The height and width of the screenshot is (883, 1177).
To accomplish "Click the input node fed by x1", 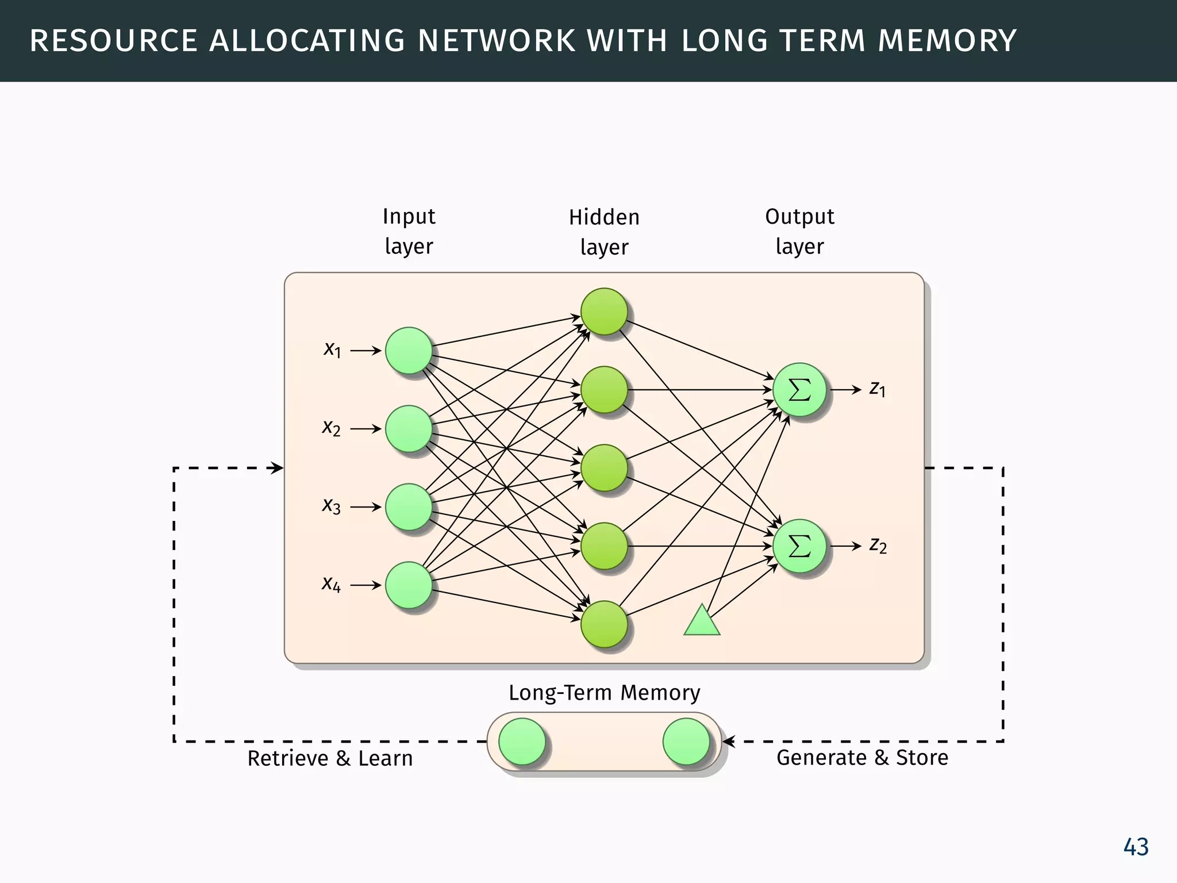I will coord(409,351).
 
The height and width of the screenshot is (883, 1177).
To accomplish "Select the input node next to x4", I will coord(409,585).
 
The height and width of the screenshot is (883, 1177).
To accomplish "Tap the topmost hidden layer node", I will coord(604,312).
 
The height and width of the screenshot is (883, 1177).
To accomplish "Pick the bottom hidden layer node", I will coord(604,624).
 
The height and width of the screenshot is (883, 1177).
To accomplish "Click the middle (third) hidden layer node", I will coord(604,468).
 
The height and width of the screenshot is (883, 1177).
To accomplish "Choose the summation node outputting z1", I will coord(799,390).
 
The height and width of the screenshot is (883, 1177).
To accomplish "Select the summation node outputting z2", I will coord(799,546).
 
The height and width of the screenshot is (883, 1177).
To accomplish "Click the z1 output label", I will coord(878,389).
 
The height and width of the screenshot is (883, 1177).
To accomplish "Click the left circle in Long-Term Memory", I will coord(522,742).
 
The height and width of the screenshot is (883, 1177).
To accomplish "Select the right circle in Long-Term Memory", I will coord(686,742).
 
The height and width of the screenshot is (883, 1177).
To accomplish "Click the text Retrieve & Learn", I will coord(330,758).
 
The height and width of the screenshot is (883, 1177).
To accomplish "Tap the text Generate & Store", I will coord(862,758).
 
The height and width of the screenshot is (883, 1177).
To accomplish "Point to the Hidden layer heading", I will coord(604,232).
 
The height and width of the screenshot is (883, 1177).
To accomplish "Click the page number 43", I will coord(1136,847).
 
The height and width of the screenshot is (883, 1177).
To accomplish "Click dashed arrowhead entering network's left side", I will coord(278,468).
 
